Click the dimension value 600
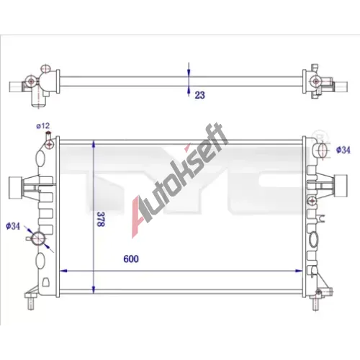coord(131,259)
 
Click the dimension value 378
coord(101,219)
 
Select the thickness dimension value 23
coord(199,95)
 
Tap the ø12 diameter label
coord(43,126)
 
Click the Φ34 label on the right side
coord(343,150)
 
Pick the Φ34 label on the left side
coord(13,226)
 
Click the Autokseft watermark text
coord(179,180)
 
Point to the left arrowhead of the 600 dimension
coord(63,271)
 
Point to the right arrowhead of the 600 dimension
coord(299,271)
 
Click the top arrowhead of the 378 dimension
coord(94,145)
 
